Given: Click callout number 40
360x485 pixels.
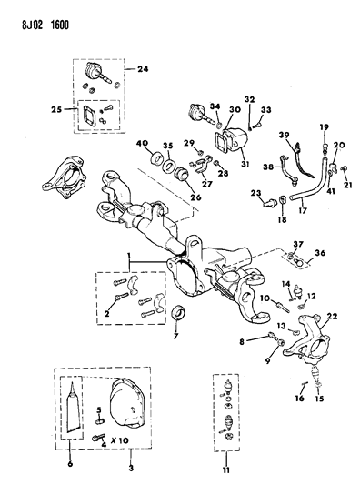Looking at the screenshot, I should [x=144, y=143].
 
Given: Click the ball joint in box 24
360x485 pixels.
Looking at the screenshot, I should [x=97, y=71].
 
